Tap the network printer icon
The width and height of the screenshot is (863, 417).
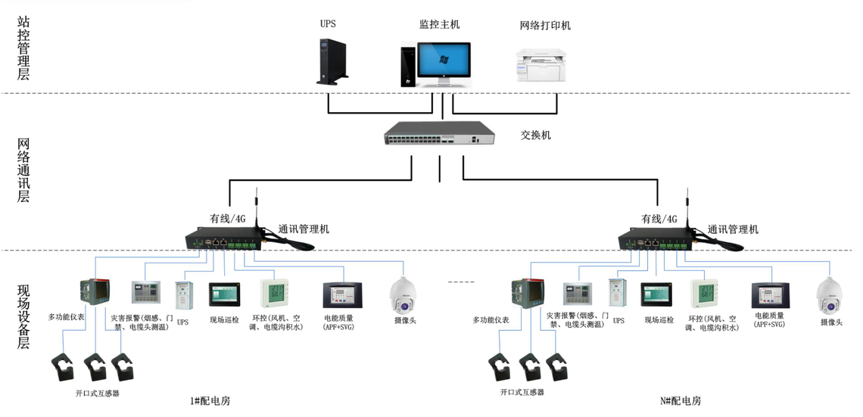(x=542, y=66)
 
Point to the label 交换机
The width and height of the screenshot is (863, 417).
(x=535, y=135)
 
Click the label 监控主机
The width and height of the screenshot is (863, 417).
(x=439, y=24)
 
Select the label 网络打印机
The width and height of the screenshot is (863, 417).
(x=545, y=26)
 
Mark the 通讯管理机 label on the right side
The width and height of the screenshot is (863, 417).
(x=733, y=229)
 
